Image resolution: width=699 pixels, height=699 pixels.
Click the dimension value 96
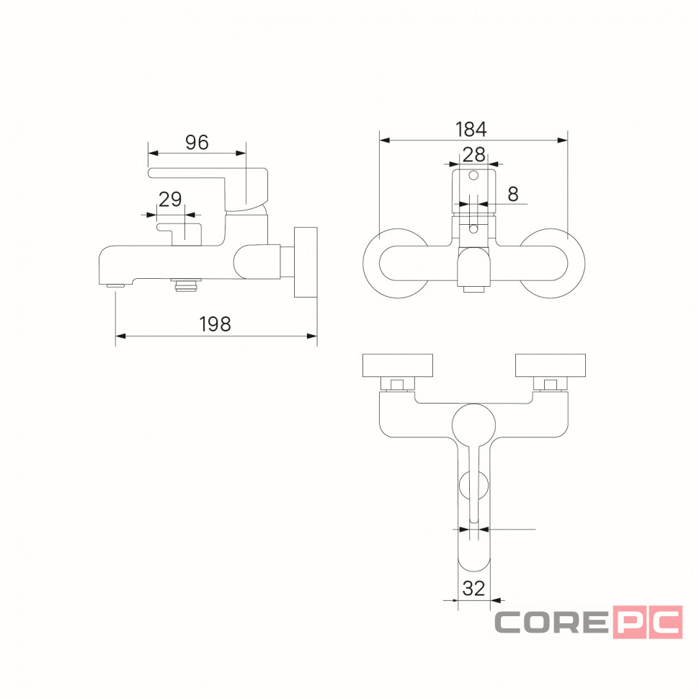tap(197, 143)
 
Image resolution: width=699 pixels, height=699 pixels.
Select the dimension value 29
tap(170, 200)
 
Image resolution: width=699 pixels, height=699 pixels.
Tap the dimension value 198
tap(215, 324)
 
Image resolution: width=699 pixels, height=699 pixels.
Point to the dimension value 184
tap(471, 129)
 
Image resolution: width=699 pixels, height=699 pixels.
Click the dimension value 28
tap(474, 155)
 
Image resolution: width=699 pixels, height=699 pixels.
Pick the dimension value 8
tap(513, 194)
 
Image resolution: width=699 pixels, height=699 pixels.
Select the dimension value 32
tap(473, 589)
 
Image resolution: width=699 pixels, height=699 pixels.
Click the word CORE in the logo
tap(551, 622)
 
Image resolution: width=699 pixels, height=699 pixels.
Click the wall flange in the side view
tap(306, 262)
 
